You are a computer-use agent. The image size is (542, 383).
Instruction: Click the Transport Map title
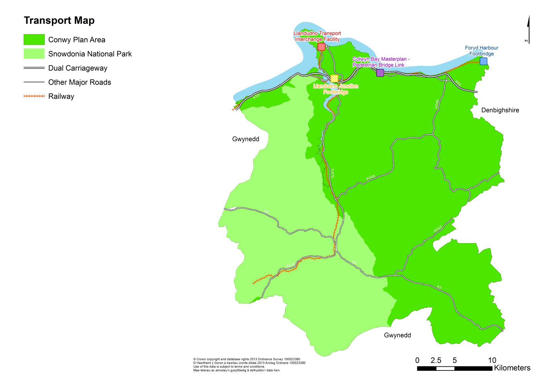pyautogui.click(x=59, y=20)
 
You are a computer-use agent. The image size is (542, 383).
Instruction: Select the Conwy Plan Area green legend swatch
pyautogui.click(x=34, y=40)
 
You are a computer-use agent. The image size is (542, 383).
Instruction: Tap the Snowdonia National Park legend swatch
pyautogui.click(x=34, y=54)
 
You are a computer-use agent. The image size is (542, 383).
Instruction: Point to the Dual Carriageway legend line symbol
pyautogui.click(x=34, y=68)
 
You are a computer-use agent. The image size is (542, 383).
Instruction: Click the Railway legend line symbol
pyautogui.click(x=34, y=96)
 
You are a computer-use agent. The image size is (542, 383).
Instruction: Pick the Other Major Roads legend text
pyautogui.click(x=80, y=82)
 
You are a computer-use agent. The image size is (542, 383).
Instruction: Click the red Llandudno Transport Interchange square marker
pyautogui.click(x=321, y=47)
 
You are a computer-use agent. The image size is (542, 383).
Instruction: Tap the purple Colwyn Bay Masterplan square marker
pyautogui.click(x=380, y=73)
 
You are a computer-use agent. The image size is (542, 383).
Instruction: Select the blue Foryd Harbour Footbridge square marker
pyautogui.click(x=483, y=61)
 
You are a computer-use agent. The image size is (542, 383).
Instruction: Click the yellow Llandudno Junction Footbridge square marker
pyautogui.click(x=334, y=79)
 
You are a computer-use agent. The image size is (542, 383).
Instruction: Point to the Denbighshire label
pyautogui.click(x=500, y=110)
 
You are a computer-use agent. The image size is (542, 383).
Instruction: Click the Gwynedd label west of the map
pyautogui.click(x=246, y=139)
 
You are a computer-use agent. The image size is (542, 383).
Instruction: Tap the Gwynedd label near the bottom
pyautogui.click(x=397, y=335)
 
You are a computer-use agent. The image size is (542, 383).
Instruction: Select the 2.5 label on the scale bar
pyautogui.click(x=436, y=360)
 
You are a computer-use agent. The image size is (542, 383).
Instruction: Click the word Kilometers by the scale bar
pyautogui.click(x=512, y=368)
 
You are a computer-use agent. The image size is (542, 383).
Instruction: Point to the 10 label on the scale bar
pyautogui.click(x=492, y=360)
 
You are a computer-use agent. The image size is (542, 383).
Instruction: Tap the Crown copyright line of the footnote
pyautogui.click(x=246, y=359)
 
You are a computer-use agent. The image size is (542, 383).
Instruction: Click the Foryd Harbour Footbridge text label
pyautogui.click(x=481, y=51)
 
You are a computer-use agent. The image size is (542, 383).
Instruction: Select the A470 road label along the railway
pyautogui.click(x=332, y=173)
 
